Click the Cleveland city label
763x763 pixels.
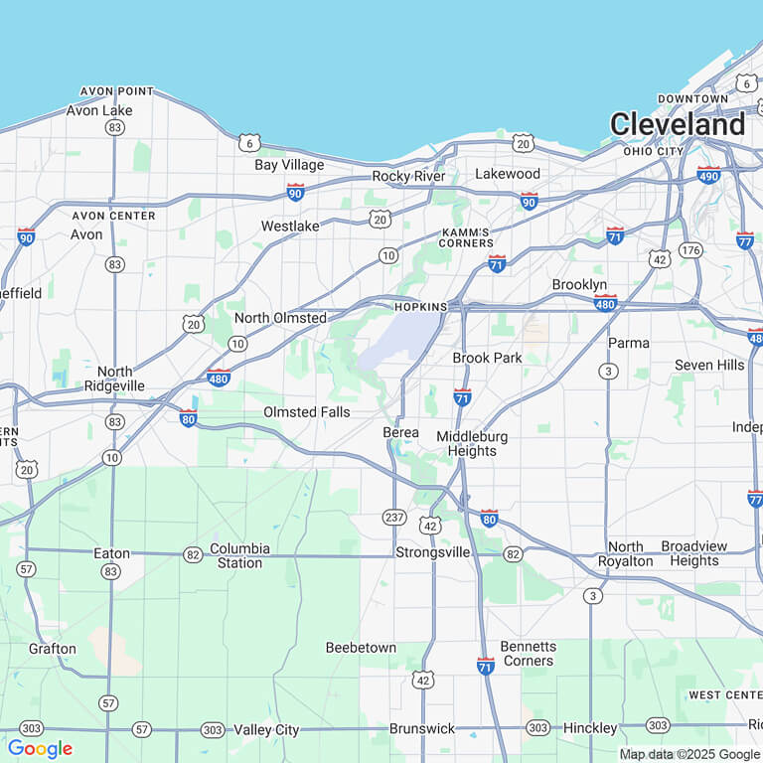point(677,124)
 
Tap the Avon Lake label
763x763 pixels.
point(99,110)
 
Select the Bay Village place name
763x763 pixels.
point(289,165)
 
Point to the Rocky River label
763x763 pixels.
point(408,176)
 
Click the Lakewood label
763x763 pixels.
point(508,174)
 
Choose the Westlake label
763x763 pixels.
point(290,227)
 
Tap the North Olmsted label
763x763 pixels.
point(280,318)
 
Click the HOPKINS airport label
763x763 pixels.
point(422,307)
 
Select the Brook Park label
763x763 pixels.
point(487,358)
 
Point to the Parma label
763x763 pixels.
point(629,343)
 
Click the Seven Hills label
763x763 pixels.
point(709,365)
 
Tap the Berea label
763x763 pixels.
point(400,433)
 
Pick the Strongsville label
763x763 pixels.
point(433,552)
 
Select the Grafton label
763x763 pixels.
point(52,649)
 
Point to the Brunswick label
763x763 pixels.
point(422,728)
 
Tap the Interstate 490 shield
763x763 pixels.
point(708,175)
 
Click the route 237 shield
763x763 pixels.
point(393,518)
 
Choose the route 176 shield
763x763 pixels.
point(690,249)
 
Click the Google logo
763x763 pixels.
point(40,748)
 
